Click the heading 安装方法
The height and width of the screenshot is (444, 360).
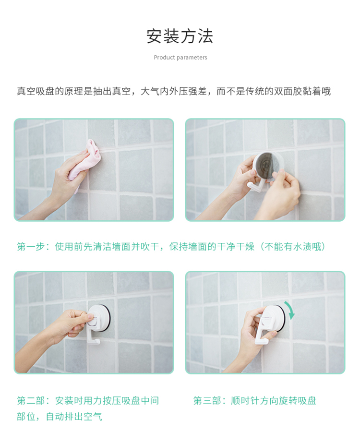pos(180,36)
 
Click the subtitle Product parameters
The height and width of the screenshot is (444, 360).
pos(180,58)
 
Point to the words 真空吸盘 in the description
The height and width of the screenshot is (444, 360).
pos(36,92)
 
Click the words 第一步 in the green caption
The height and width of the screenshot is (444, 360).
pos(31,247)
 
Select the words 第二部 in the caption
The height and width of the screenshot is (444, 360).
pos(31,401)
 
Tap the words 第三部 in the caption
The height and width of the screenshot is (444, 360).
pos(207,401)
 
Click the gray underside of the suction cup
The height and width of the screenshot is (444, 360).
pos(268,166)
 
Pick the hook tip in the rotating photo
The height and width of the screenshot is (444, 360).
pos(266,341)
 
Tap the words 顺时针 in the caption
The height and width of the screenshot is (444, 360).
pos(245,401)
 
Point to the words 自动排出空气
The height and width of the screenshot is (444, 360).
pos(74,417)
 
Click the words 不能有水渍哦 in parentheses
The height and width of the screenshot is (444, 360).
pos(293,247)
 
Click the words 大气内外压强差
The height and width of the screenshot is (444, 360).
pos(174,92)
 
